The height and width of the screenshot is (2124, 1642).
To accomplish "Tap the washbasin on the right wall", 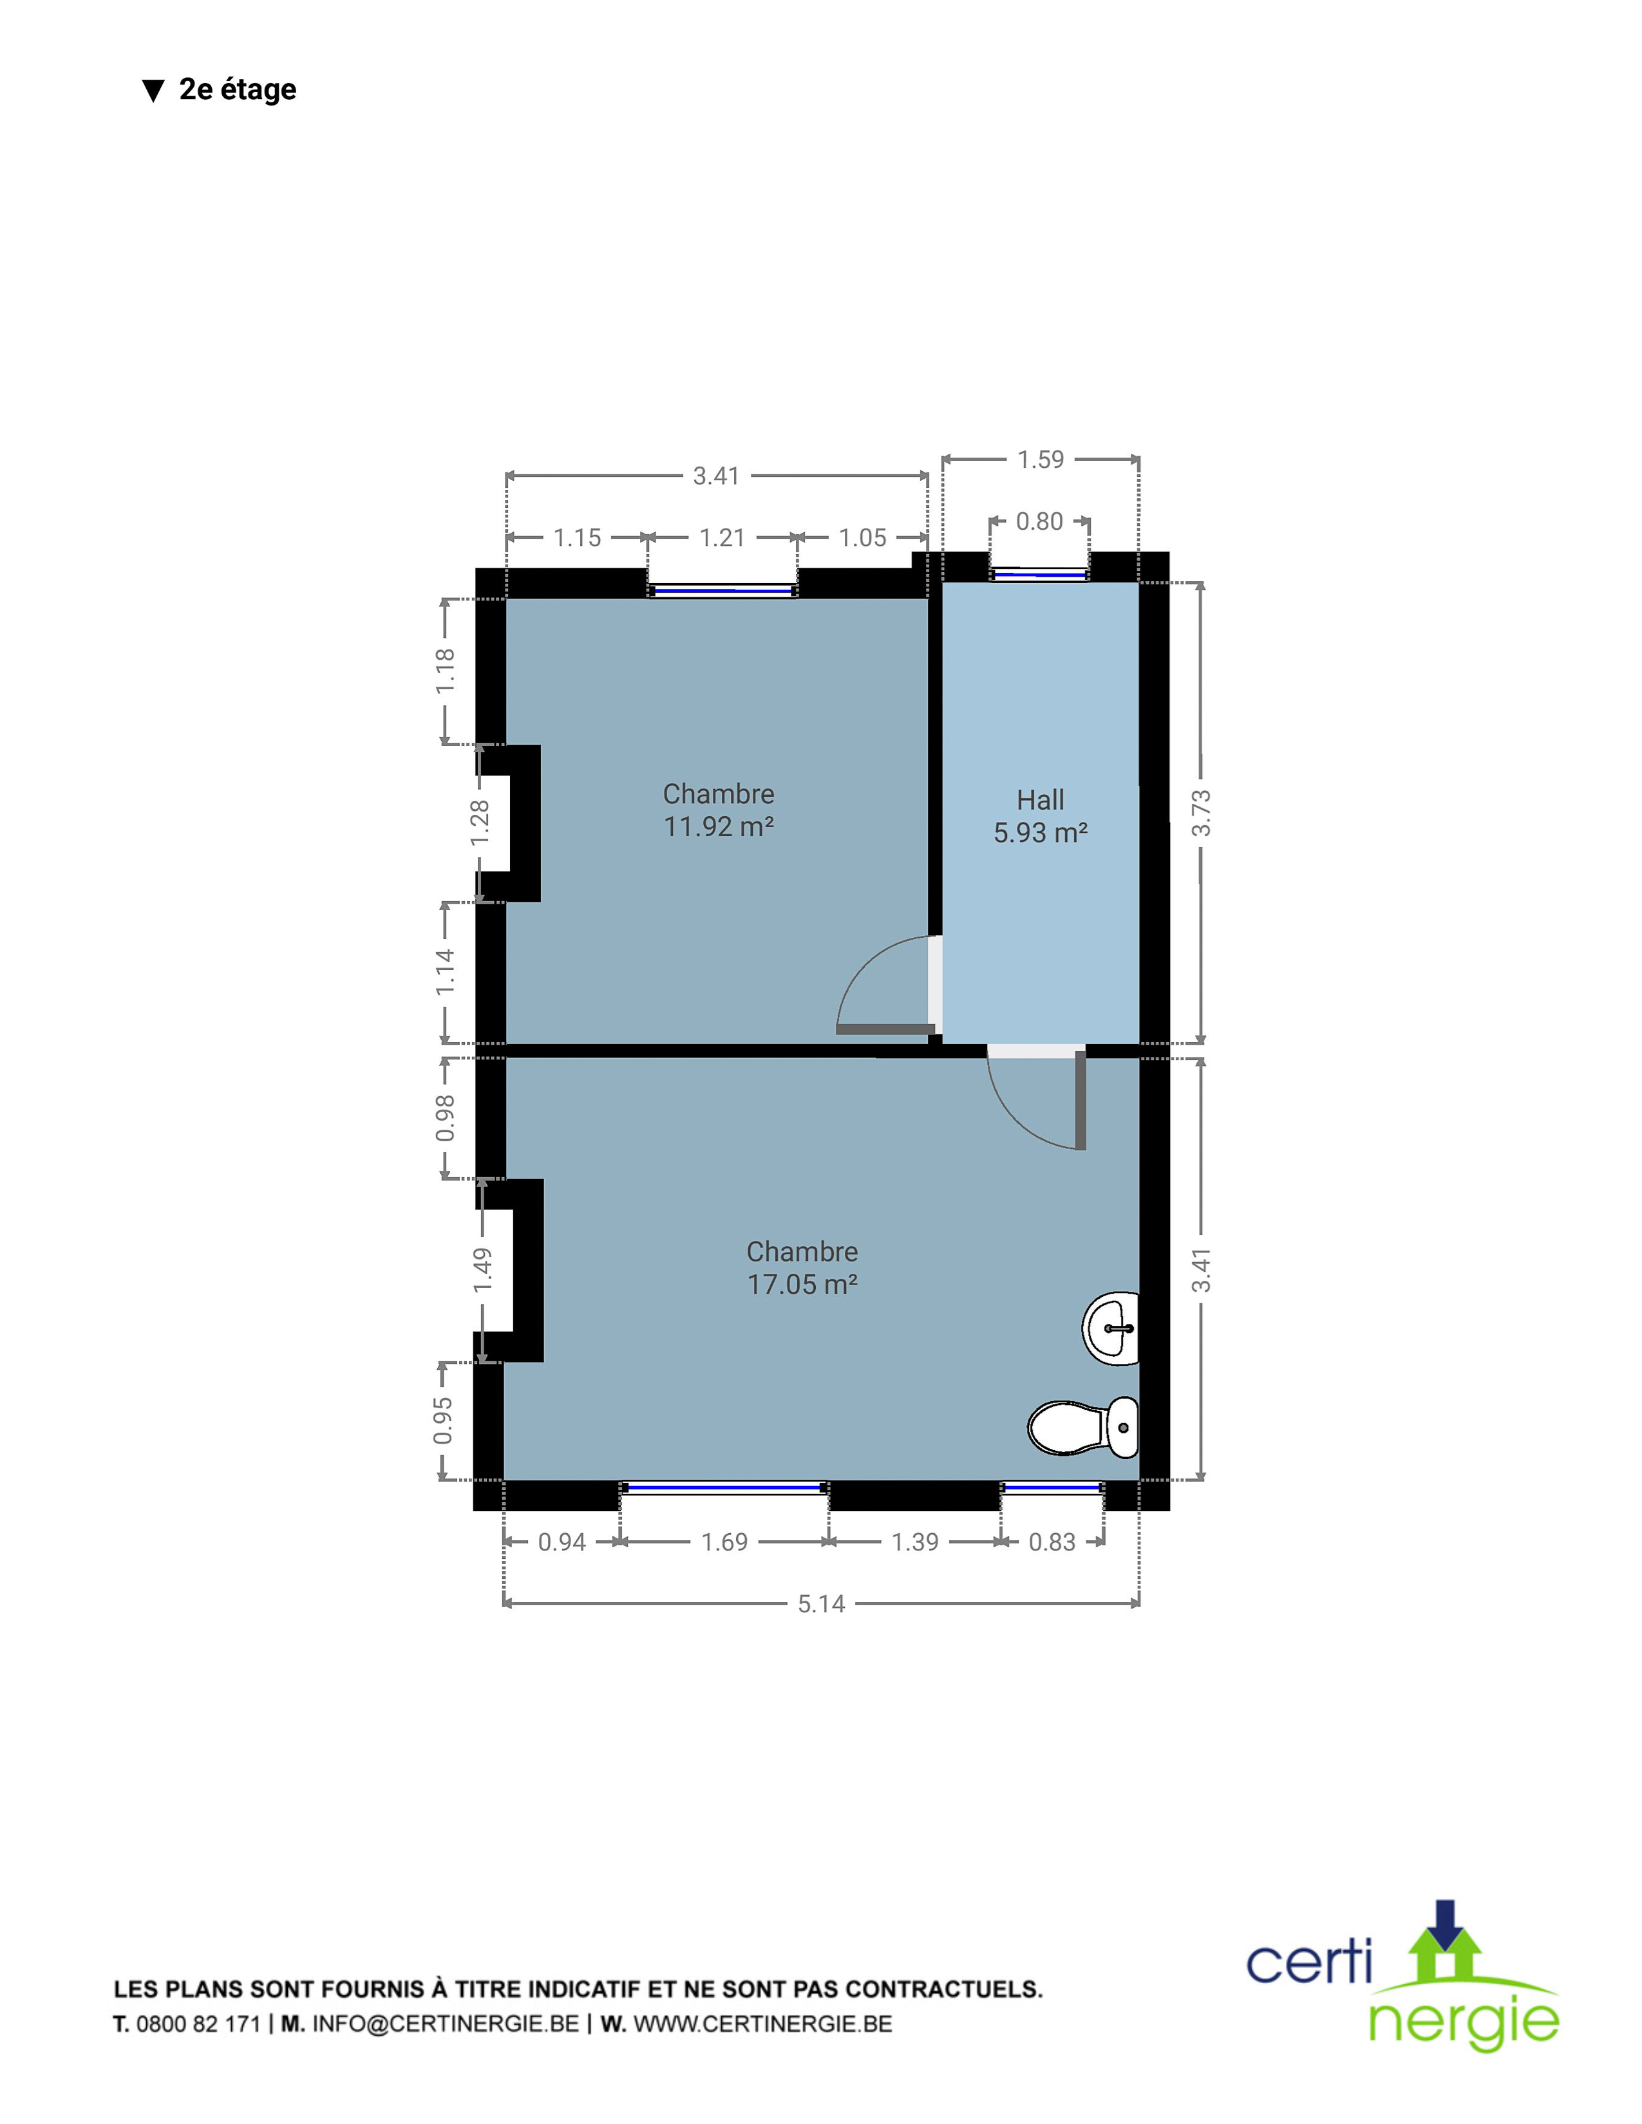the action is tap(1111, 1328).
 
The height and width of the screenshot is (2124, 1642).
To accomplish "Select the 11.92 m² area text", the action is tap(718, 826).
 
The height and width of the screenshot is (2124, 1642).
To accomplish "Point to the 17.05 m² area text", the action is tap(802, 1284).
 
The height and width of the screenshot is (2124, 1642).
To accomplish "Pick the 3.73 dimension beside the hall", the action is tap(1202, 813).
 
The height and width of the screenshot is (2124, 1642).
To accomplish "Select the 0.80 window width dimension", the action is tap(1039, 521).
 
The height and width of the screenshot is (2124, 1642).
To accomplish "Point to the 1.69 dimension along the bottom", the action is tap(724, 1542).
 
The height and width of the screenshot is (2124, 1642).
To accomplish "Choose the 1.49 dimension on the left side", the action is tap(482, 1269).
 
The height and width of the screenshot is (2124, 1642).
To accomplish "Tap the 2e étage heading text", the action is tap(238, 89).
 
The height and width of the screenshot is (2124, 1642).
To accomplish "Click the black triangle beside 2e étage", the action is tap(153, 91).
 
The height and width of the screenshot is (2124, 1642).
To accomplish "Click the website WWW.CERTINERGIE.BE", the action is tap(762, 2024).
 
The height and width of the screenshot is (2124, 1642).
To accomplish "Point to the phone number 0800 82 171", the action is tap(198, 2024).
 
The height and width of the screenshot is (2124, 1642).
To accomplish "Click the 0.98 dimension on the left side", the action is tap(444, 1119).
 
